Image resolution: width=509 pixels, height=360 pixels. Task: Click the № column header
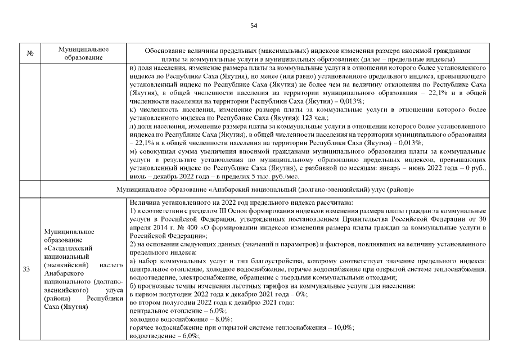pyautogui.click(x=30, y=54)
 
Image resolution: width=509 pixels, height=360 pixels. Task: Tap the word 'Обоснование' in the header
pyautogui.click(x=164, y=50)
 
